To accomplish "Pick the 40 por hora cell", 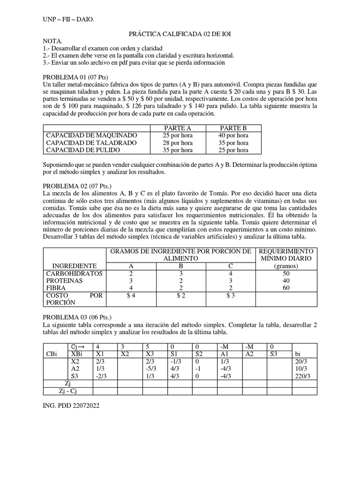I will pyautogui.click(x=234, y=135).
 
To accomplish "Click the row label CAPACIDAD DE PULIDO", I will pyautogui.click(x=83, y=150).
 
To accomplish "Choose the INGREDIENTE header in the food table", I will pyautogui.click(x=75, y=266).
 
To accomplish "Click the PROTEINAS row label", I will pyautogui.click(x=64, y=280).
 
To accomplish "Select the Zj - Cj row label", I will pyautogui.click(x=68, y=391).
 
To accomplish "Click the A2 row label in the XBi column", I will pyautogui.click(x=75, y=369).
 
